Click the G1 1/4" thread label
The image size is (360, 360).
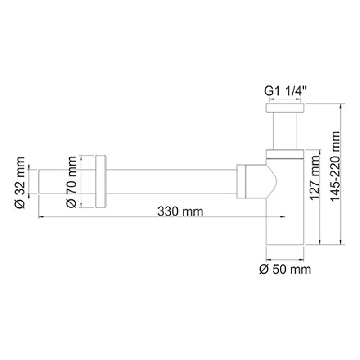285,91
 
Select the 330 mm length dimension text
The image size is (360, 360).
180,211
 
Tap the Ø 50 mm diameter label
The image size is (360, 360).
285,270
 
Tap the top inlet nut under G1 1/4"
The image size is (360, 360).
285,108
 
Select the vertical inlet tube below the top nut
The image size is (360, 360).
285,130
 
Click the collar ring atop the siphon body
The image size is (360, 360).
285,154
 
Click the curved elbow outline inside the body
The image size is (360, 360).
273,180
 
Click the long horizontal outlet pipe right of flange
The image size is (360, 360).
171,182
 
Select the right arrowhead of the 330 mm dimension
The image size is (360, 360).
283,217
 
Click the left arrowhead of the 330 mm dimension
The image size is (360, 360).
41,217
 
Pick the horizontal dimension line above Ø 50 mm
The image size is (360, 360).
285,260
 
